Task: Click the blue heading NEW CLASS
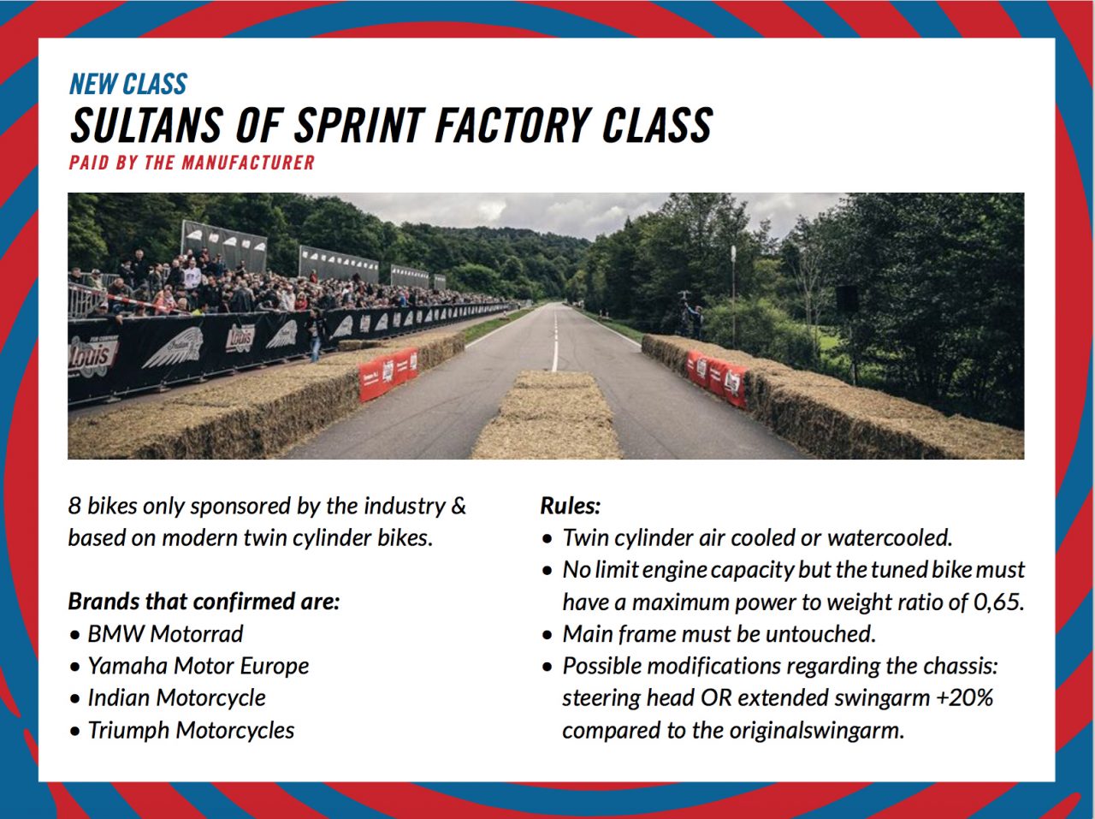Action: click(128, 84)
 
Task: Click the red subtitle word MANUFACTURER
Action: click(248, 163)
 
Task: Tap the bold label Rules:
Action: click(571, 506)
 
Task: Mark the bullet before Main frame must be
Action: click(547, 635)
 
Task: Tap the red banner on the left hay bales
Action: click(388, 373)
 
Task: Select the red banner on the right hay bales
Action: click(716, 377)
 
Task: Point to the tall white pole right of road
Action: click(733, 296)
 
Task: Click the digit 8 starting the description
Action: click(74, 506)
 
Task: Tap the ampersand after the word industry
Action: click(458, 506)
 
